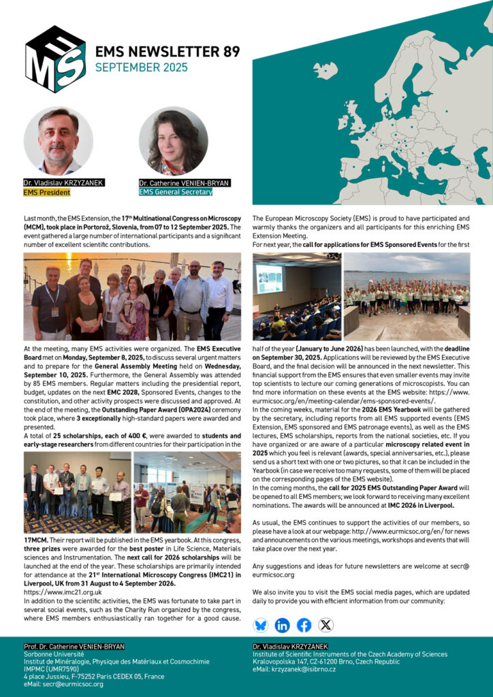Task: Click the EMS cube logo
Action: (x=55, y=59)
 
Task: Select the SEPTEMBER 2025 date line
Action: (x=141, y=67)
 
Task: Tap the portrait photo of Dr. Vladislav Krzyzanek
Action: (x=58, y=140)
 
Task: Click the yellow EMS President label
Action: (x=46, y=193)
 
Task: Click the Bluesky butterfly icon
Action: (x=260, y=625)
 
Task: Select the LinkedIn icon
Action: (x=282, y=625)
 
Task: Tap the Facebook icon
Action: (x=304, y=625)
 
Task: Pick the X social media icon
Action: (x=326, y=625)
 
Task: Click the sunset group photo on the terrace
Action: (x=132, y=296)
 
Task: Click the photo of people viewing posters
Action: (x=187, y=492)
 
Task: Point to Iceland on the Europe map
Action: (x=325, y=70)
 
